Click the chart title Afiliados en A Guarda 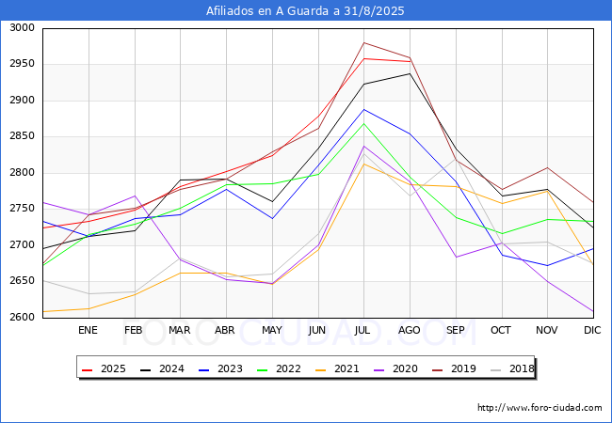306,11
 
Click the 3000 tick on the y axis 22,28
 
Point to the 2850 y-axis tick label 22,136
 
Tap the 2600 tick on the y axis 22,317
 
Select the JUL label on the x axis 363,330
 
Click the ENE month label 88,330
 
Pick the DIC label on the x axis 592,330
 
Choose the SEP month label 455,330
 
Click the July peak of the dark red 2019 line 363,42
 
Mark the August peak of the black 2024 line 409,73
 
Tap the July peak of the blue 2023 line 363,109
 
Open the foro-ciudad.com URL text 540,408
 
